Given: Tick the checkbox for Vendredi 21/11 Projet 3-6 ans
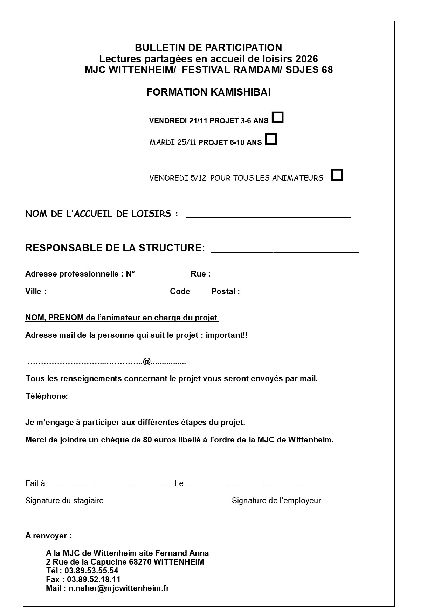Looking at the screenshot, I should tap(278, 117).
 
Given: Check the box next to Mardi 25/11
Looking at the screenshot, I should tap(271, 139).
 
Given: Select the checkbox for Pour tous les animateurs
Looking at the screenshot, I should tap(337, 174).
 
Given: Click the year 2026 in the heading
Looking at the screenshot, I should tap(306, 58).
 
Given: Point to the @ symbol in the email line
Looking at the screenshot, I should tap(147, 361).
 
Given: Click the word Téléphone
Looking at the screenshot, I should tap(47, 396).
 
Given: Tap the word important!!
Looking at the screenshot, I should tap(227, 335).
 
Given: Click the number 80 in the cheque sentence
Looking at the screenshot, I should tap(147, 440).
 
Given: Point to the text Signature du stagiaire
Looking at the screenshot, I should tap(64, 501).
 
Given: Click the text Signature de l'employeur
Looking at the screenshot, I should tap(276, 501).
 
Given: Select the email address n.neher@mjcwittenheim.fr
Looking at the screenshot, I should tap(119, 588).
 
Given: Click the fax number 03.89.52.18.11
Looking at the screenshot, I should tap(94, 579).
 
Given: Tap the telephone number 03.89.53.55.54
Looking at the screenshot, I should tap(91, 571).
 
